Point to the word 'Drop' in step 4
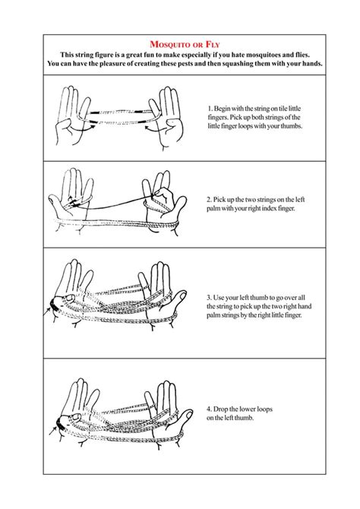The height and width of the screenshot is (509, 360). tap(226, 409)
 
